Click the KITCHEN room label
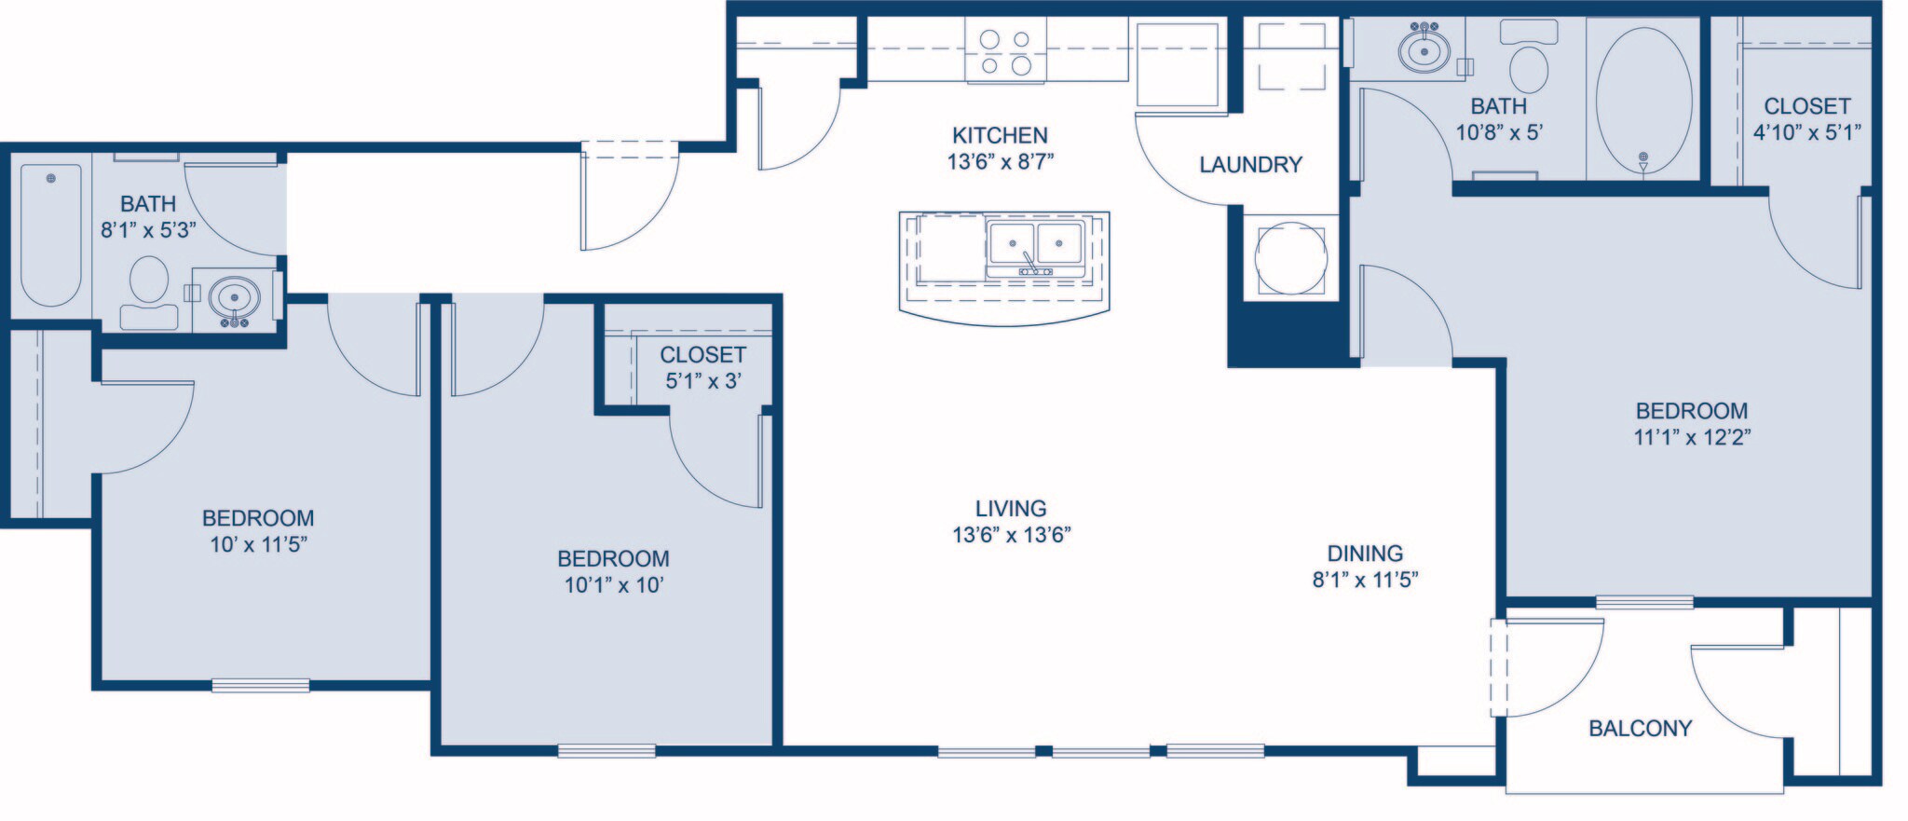coord(1000,135)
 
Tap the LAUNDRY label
coord(1250,165)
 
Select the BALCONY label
coord(1640,729)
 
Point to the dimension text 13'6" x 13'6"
coord(1011,535)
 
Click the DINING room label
coord(1365,554)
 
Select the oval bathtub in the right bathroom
coord(1643,98)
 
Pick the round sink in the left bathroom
coord(234,298)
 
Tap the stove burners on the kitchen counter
coord(1006,52)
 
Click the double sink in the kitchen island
coord(1035,244)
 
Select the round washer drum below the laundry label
coord(1290,258)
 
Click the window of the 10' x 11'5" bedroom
coord(260,685)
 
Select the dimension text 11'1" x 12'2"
coord(1692,437)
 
